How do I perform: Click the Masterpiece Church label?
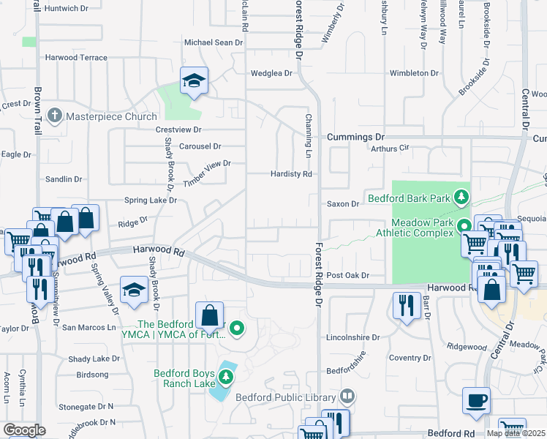coord(111,116)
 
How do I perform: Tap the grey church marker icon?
coord(54,116)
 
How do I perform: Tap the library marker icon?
coord(347,397)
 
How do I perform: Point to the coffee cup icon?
coord(476,401)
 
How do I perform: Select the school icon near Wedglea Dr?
coord(194,80)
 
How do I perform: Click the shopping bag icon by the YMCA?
coord(210,316)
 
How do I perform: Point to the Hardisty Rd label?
coord(291,174)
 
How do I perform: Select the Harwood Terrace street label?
coord(76,58)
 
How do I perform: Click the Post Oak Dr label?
coord(347,275)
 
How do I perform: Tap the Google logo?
coord(24,430)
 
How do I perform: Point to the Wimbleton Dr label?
coord(414,73)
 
